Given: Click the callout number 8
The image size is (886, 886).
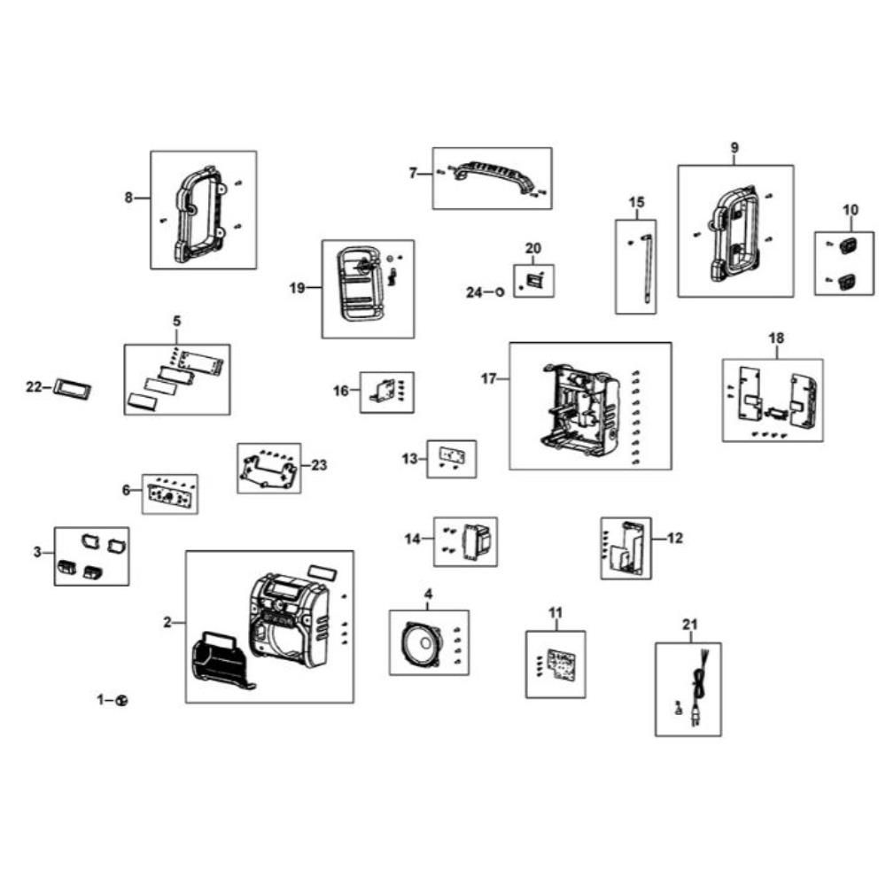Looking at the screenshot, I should [x=128, y=198].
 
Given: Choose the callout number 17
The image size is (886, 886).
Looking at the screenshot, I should [x=488, y=378].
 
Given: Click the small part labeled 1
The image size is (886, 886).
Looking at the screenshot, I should [x=121, y=700].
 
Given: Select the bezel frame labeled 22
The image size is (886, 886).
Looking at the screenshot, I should [x=72, y=388].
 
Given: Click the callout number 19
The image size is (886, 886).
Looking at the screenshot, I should [x=297, y=288].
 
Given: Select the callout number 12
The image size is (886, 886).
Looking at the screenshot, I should [x=675, y=537].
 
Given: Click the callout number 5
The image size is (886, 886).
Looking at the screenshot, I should [x=176, y=320].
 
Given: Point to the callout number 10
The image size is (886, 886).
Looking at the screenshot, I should [x=851, y=210].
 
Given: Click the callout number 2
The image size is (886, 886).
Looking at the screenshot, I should [x=167, y=622].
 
